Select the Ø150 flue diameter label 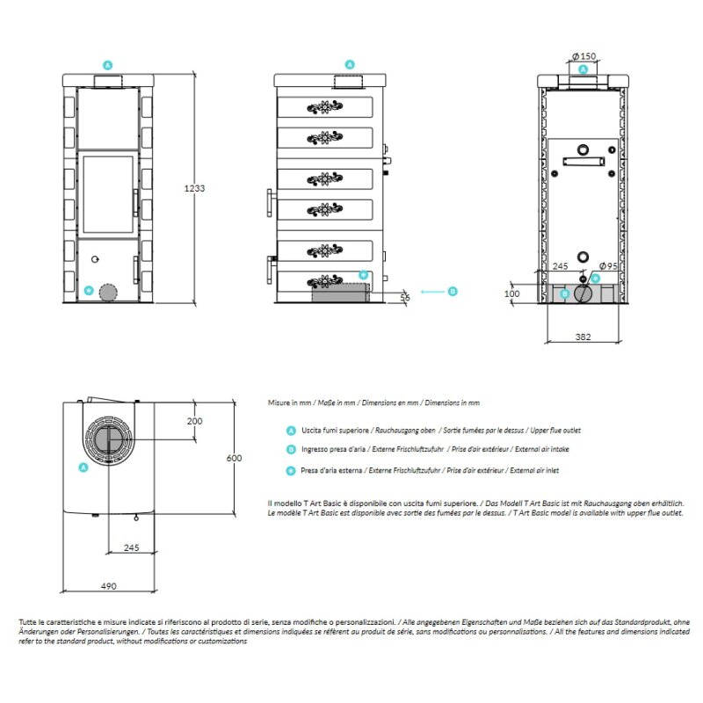(584, 56)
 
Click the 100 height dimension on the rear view (513, 294)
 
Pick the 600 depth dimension (233, 458)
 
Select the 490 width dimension (107, 586)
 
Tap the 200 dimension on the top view (194, 421)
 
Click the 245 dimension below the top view (131, 547)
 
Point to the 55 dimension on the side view (405, 299)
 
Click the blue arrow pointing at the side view (431, 291)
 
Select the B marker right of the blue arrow (453, 291)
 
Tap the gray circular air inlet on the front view (108, 293)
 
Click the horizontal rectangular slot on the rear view (583, 162)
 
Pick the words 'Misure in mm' (289, 402)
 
